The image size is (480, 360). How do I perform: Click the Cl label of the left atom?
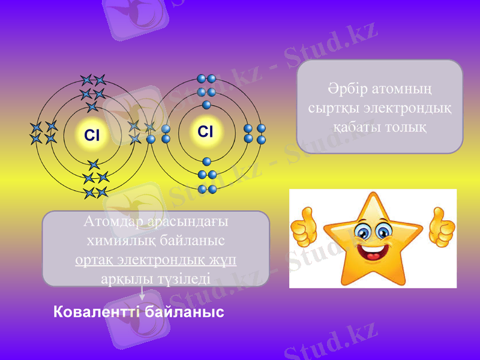pos(92,136)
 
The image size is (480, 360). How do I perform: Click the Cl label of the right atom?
pos(206,131)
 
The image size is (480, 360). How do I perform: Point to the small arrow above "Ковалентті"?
pos(142,294)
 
